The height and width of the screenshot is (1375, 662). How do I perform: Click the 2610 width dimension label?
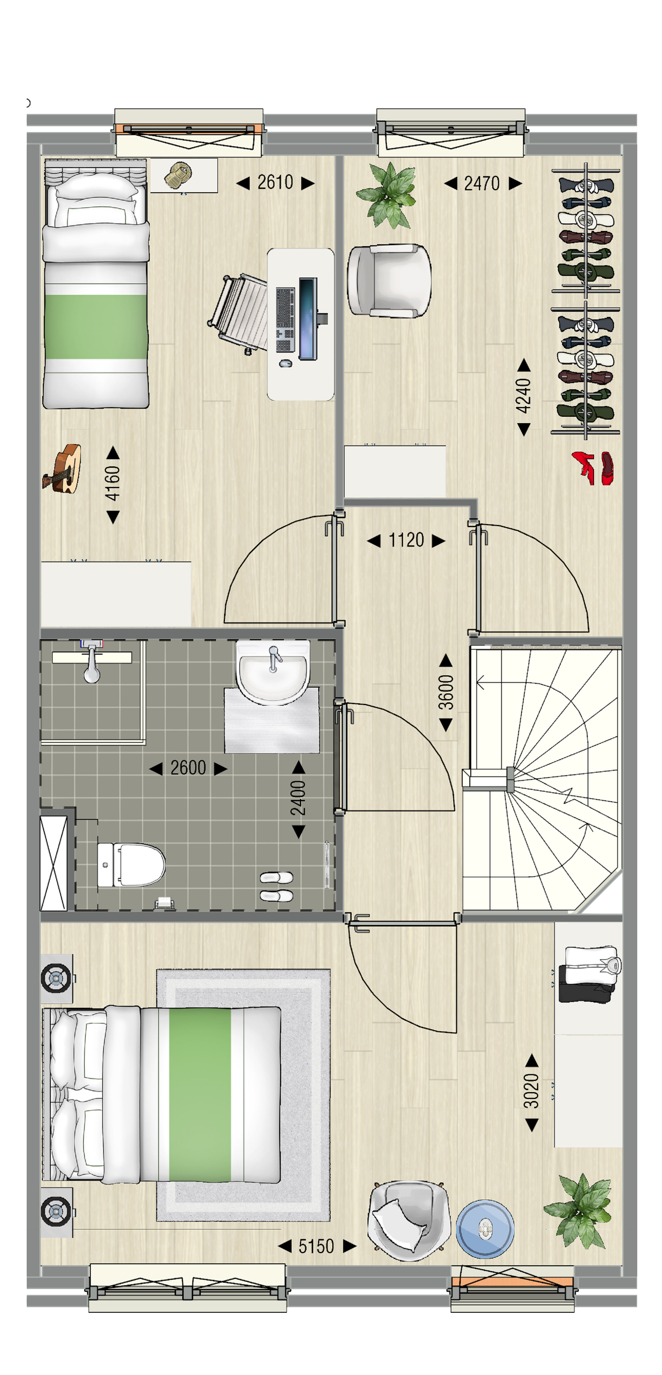pyautogui.click(x=275, y=183)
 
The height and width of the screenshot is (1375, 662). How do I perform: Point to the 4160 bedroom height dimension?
pyautogui.click(x=112, y=484)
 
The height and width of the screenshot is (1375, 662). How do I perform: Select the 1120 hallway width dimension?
pyautogui.click(x=406, y=540)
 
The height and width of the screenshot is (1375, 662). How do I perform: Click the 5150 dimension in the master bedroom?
pyautogui.click(x=316, y=1246)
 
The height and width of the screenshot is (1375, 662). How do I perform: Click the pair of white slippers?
pyautogui.click(x=276, y=887)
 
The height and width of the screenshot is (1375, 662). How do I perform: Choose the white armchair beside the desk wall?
pyautogui.click(x=389, y=280)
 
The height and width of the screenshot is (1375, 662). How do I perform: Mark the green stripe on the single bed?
pyautogui.click(x=96, y=327)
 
